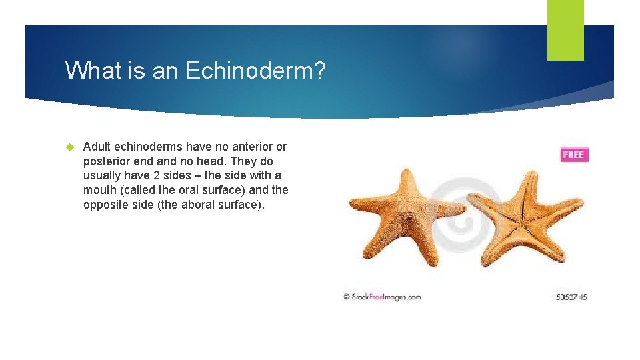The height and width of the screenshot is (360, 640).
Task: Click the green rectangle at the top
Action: [x=565, y=30]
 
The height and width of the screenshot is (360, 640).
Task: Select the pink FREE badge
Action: [x=573, y=155]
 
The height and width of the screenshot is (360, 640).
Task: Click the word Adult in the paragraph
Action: [x=97, y=147]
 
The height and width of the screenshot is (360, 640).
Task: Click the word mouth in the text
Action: [x=99, y=190]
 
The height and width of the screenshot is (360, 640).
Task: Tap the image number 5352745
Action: [x=571, y=297]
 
